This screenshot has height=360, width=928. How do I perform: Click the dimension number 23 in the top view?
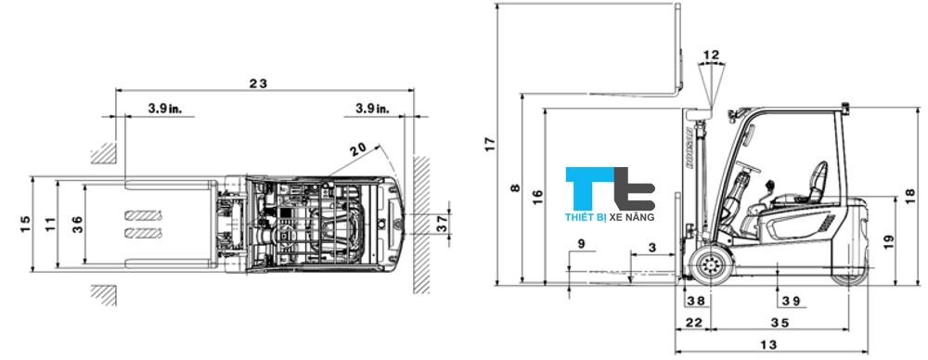pos(258,83)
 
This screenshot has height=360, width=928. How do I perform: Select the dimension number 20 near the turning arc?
pos(357,149)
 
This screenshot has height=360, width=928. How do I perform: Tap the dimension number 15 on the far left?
pos(25,223)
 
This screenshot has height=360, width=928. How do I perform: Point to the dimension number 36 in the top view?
pos(77,223)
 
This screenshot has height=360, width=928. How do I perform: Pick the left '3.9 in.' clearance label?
pos(165,109)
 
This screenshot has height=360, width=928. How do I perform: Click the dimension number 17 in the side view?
pos(490,144)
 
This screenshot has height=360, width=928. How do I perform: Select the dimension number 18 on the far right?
pos(909,196)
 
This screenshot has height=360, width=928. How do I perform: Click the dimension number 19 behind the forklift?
pos(889,241)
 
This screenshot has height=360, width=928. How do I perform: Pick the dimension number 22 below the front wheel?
pos(692,322)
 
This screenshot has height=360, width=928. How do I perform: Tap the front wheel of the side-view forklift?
pos(713,265)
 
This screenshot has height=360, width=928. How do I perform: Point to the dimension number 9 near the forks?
pos(581,244)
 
